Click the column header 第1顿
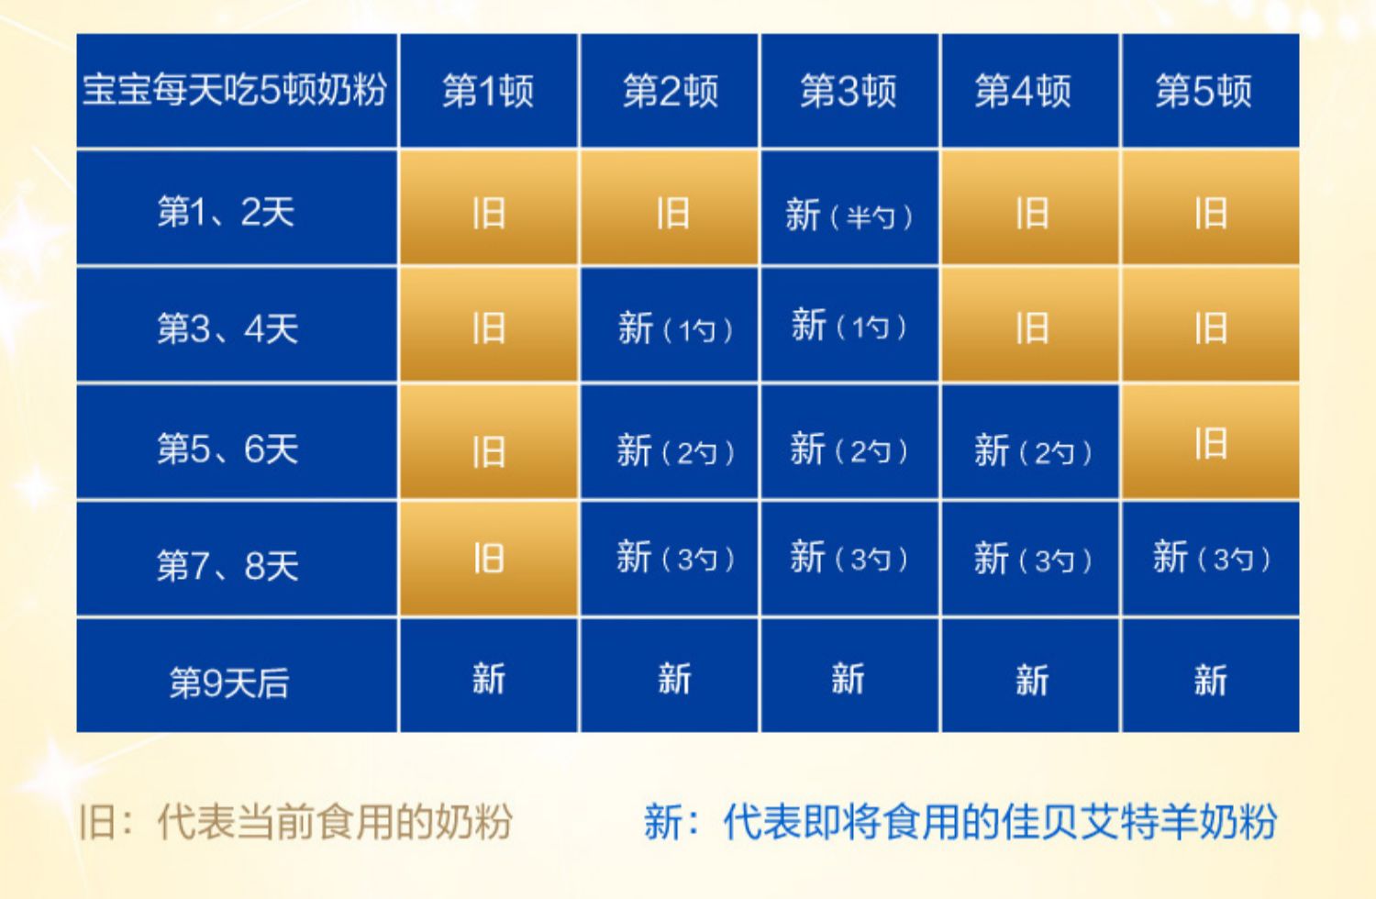tap(488, 91)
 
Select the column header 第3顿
tap(849, 91)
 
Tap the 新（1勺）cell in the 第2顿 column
tap(669, 325)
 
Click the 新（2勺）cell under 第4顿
tap(1029, 442)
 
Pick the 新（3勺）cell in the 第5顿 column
tap(1210, 559)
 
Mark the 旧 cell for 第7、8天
tap(488, 559)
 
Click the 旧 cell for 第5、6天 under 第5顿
tap(1210, 442)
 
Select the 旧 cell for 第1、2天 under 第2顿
tap(669, 208)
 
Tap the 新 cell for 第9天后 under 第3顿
tap(849, 675)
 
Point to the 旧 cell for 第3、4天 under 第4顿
tap(1029, 325)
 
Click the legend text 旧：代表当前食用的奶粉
tap(295, 821)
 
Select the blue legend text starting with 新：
tap(960, 821)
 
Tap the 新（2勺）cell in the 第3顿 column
tap(849, 442)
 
